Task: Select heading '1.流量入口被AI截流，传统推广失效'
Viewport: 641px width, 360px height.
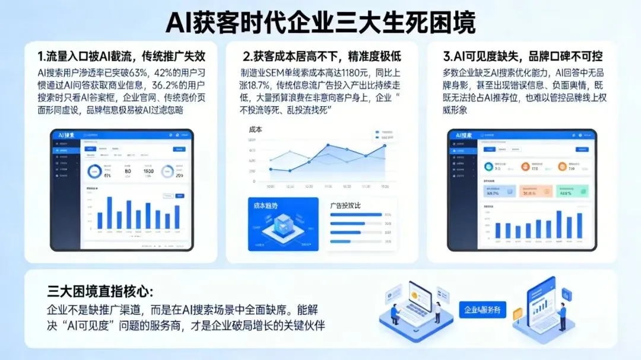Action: tap(122, 57)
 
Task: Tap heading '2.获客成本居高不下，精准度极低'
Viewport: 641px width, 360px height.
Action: tap(322, 57)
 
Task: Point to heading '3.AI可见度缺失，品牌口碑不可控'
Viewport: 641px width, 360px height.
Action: tap(523, 57)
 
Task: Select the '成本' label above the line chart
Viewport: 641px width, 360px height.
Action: tap(256, 129)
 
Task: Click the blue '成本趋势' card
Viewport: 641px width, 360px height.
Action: tap(283, 224)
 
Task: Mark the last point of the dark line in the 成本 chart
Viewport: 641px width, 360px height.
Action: tap(385, 145)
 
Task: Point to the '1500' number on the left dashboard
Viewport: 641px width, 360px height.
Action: tap(148, 171)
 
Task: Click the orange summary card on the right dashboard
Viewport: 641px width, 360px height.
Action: tap(535, 191)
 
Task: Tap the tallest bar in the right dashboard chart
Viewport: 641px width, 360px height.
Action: tap(559, 224)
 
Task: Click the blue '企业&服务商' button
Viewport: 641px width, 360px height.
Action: tap(483, 310)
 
